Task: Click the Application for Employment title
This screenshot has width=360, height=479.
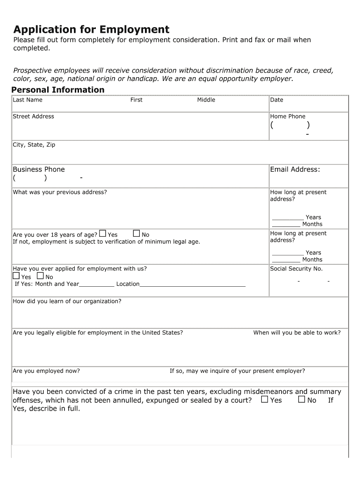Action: click(91, 29)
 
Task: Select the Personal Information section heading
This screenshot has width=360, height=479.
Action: click(58, 90)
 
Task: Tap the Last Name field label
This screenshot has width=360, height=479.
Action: click(28, 100)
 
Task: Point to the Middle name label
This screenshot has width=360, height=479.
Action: click(206, 100)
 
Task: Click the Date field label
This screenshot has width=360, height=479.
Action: click(277, 100)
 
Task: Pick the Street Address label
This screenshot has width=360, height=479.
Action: click(33, 116)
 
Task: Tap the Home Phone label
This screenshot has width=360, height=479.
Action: click(288, 116)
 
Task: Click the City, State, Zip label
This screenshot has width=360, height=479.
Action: click(34, 145)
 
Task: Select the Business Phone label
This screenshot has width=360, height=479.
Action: click(39, 169)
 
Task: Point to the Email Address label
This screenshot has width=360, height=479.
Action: click(295, 169)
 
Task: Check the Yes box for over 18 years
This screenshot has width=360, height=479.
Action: click(102, 233)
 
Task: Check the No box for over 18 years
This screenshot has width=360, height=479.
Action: click(137, 233)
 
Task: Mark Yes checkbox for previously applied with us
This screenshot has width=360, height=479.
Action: click(16, 276)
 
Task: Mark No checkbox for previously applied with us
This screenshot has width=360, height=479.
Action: click(40, 276)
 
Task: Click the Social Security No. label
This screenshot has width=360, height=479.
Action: click(296, 269)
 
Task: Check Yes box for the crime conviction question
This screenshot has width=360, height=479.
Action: click(265, 399)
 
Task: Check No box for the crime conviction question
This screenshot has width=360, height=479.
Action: click(302, 399)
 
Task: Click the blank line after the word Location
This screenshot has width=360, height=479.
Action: click(193, 284)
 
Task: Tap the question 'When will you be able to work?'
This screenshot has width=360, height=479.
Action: click(297, 333)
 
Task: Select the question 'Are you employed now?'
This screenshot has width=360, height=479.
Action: click(46, 371)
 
